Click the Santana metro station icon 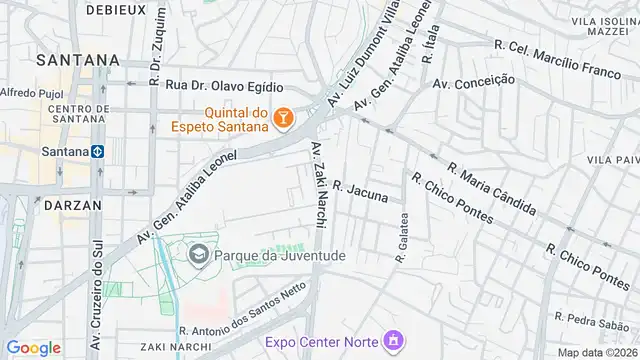click(98, 152)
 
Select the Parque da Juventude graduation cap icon click(198, 255)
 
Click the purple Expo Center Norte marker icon click(391, 342)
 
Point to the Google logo click(33, 347)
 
